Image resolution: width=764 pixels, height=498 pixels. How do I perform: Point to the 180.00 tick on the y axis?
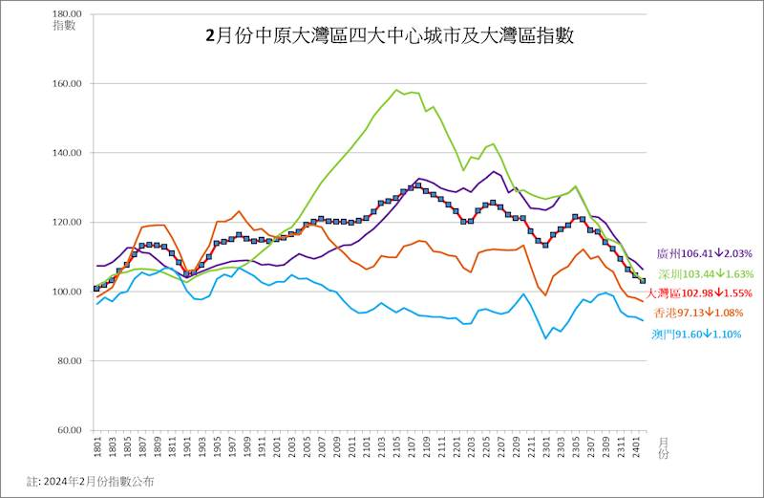pos(68,14)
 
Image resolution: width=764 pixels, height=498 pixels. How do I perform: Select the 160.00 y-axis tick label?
pos(68,84)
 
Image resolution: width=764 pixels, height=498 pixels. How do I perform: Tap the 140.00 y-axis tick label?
pos(68,153)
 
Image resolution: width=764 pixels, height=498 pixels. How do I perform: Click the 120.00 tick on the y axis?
pos(68,223)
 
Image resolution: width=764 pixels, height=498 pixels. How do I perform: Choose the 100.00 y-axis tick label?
pos(68,292)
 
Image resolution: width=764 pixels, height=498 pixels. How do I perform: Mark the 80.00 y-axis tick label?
pos(70,361)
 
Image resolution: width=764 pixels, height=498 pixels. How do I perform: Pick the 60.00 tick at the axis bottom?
pos(70,430)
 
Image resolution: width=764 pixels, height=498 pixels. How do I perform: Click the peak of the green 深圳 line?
pos(396,90)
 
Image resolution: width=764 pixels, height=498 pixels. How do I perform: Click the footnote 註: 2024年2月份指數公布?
pos(90,481)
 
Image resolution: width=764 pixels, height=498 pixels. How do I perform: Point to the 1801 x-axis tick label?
pos(96,447)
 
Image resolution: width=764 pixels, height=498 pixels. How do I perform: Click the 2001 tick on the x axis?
pos(275,447)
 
